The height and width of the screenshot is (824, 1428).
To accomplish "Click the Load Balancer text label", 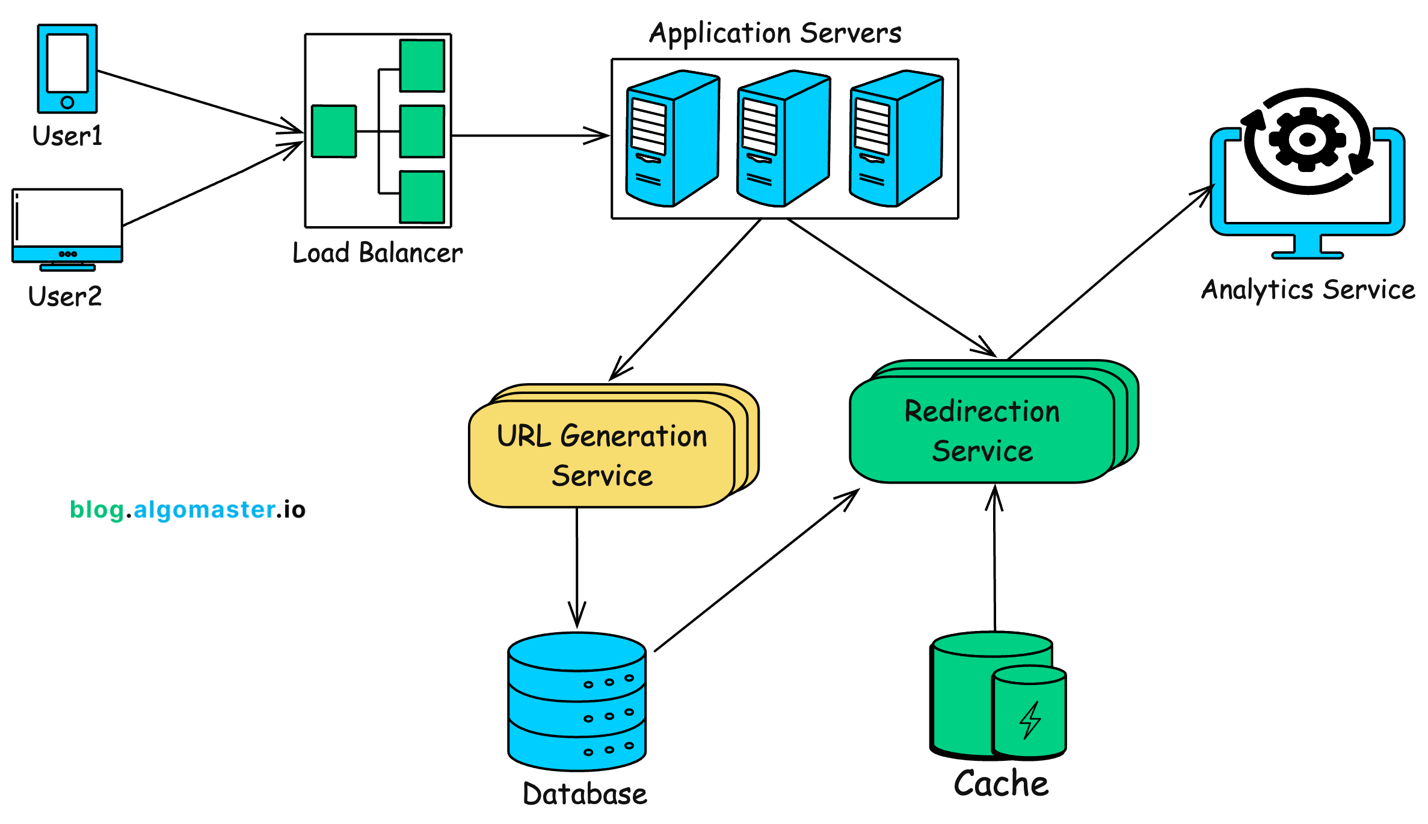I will click(x=378, y=253).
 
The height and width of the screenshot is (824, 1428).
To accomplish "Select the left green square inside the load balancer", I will click(x=334, y=131).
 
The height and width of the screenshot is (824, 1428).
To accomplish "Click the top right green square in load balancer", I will click(x=422, y=66).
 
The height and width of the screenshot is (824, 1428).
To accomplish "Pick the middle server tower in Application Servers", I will click(x=783, y=138).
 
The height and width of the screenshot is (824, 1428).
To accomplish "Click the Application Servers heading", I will click(x=775, y=33).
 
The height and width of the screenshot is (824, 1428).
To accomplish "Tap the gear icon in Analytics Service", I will click(x=1307, y=140).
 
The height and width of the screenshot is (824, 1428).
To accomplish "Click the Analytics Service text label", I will click(x=1308, y=290).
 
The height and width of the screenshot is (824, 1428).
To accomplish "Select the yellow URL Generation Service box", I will click(x=602, y=455).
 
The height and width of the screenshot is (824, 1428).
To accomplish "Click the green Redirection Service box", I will click(x=982, y=430).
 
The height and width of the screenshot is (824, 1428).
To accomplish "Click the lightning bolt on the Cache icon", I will click(x=1030, y=719).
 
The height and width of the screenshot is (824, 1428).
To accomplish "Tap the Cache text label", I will click(x=1001, y=784).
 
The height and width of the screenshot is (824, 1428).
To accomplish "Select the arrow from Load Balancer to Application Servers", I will click(x=529, y=136).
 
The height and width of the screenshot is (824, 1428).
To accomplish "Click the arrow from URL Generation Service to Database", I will click(x=577, y=565).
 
